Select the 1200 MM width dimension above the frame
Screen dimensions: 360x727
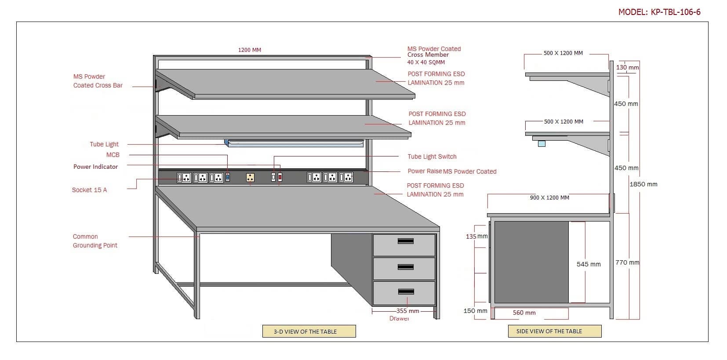point(250,50)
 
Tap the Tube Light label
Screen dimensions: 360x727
point(104,144)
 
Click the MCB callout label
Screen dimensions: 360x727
point(113,155)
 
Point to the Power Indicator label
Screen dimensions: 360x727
point(95,167)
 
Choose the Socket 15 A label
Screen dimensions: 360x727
point(89,190)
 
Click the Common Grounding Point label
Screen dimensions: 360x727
point(95,241)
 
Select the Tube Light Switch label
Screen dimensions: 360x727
point(432,156)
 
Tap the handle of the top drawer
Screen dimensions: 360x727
point(405,241)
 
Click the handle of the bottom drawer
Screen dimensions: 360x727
point(405,292)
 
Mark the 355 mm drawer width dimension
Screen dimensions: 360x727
point(407,311)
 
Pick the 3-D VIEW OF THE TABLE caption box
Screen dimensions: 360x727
point(309,331)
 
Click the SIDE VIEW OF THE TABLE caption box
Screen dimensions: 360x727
point(554,331)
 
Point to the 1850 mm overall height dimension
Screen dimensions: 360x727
point(643,184)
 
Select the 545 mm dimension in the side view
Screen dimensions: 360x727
point(589,264)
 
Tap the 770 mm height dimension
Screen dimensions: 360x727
point(627,262)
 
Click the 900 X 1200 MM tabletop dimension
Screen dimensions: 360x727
point(549,198)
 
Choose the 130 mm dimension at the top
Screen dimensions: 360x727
point(627,68)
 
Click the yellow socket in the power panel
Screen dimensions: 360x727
point(251,177)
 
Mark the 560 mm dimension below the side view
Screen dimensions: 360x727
point(524,313)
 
